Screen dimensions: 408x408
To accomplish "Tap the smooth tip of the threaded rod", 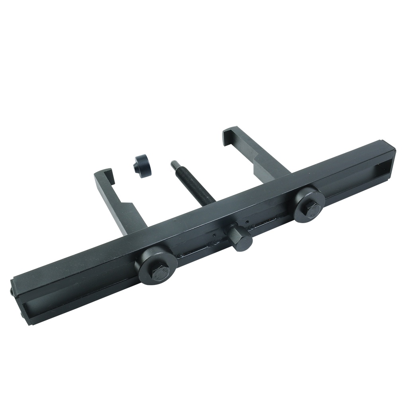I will (x=174, y=164).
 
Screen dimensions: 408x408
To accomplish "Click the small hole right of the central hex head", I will (x=247, y=222).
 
